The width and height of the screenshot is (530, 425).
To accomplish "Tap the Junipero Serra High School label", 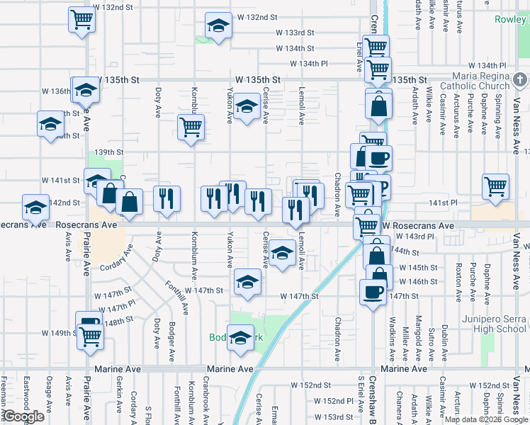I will point(493,323).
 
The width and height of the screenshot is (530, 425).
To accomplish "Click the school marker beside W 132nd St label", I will point(218,26).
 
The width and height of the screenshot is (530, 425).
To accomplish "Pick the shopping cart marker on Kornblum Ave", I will point(191,127).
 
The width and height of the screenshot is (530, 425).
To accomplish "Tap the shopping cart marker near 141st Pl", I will point(496,187).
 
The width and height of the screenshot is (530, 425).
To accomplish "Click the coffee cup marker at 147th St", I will point(373,292).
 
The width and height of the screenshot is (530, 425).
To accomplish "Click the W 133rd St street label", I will point(295,33).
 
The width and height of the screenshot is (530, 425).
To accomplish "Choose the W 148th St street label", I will point(118,320).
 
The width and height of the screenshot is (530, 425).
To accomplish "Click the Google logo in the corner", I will point(24,416).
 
